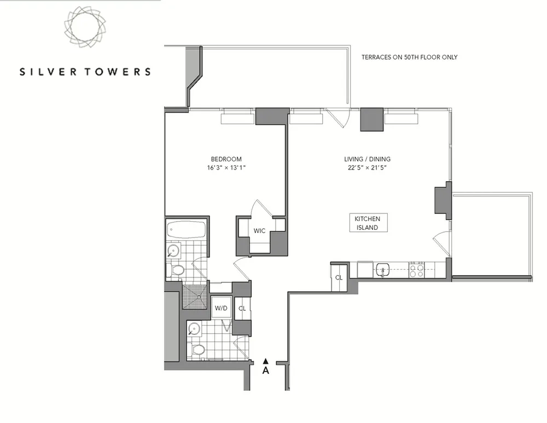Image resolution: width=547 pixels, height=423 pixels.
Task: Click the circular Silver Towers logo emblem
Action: click(85, 27)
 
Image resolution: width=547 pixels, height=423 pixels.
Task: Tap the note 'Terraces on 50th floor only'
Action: click(410, 57)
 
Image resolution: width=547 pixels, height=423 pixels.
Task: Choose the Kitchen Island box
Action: click(368, 223)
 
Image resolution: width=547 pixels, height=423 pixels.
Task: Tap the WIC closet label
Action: click(259, 231)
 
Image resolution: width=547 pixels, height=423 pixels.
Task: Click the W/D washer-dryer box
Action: click(221, 308)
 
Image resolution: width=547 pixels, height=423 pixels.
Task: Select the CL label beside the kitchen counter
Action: click(339, 277)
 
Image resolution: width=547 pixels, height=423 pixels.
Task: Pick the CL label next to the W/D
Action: click(241, 309)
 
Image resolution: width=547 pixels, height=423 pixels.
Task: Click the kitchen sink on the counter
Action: click(382, 269)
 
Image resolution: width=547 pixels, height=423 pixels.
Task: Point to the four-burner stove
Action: click(417, 270)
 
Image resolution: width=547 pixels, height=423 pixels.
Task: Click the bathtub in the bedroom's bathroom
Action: click(186, 229)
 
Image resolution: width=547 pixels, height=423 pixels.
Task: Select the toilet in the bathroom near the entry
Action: click(199, 350)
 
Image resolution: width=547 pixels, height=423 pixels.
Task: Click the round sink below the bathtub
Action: click(173, 251)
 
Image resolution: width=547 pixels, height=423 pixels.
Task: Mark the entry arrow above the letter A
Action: click(266, 361)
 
